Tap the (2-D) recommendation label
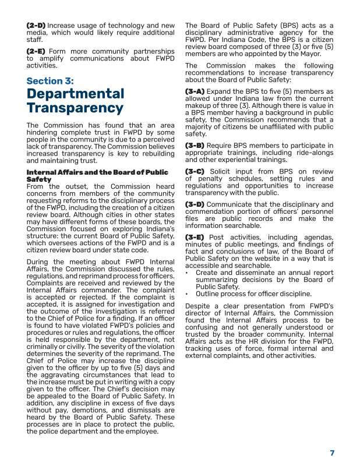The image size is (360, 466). click(37, 26)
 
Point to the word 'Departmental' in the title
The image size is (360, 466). click(75, 94)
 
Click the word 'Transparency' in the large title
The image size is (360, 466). click(75, 109)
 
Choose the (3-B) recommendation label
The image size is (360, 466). click(195, 145)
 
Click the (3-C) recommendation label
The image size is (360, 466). click(195, 171)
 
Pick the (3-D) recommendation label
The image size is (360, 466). click(195, 204)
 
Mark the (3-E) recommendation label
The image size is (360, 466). click(195, 237)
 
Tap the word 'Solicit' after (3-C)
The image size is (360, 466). click(224, 171)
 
